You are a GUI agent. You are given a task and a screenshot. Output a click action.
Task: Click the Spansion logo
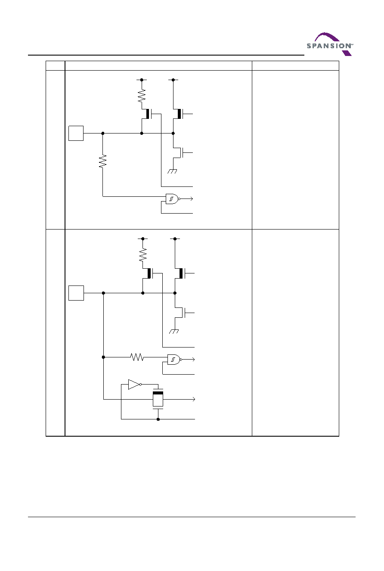point(330,44)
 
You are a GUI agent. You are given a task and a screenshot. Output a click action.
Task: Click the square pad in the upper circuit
point(76,133)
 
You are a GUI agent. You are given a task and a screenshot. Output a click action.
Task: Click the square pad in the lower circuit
point(76,293)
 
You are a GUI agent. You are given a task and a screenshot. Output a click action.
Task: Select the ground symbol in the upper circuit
point(172,171)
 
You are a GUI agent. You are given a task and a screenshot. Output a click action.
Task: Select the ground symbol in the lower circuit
point(174,332)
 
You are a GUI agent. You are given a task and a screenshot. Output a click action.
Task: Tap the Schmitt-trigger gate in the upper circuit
point(173,199)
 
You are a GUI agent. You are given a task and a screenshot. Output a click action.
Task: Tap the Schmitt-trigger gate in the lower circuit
point(174,360)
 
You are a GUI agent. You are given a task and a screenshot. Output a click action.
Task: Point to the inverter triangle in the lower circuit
point(135,385)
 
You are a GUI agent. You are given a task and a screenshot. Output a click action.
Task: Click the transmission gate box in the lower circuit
point(158,399)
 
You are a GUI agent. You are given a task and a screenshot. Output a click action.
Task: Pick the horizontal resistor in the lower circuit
point(137,357)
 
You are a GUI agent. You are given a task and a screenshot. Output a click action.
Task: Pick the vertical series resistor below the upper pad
point(103,161)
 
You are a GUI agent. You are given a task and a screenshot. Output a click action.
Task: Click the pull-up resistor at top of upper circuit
point(142,96)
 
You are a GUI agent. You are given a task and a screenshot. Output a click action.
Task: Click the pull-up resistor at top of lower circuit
point(143,255)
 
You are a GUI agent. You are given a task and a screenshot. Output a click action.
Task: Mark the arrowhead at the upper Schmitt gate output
point(192,199)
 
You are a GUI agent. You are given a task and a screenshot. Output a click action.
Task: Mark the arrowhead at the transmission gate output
point(194,399)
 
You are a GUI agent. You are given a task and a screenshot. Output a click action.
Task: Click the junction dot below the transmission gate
point(158,419)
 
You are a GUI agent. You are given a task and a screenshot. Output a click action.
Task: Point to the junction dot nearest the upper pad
point(103,133)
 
